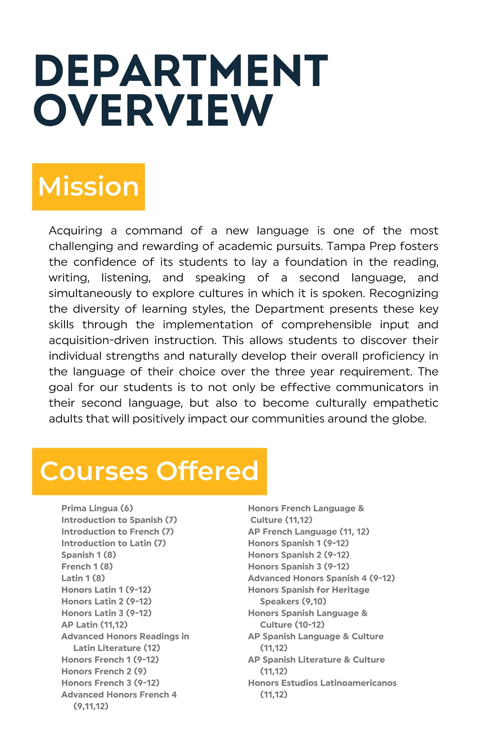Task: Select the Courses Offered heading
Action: click(x=149, y=471)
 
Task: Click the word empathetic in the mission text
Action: click(x=406, y=403)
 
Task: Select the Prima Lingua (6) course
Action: click(x=97, y=508)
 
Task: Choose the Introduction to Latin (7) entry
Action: click(x=113, y=543)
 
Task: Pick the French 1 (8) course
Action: click(x=87, y=566)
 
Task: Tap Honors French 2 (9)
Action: click(x=104, y=671)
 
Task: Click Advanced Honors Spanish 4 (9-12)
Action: click(x=321, y=578)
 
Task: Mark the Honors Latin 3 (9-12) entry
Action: click(x=106, y=613)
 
